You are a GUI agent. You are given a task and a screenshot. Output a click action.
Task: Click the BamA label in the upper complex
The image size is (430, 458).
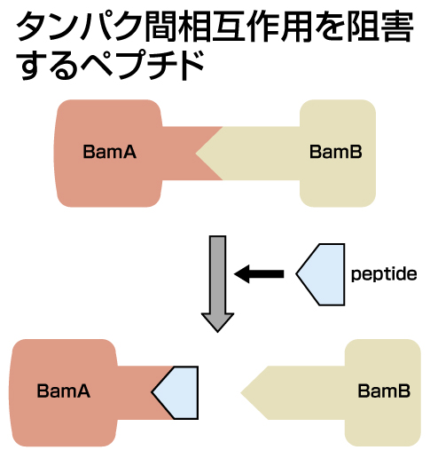point(110,152)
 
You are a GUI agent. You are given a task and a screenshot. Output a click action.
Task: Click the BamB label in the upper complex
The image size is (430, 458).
point(336,152)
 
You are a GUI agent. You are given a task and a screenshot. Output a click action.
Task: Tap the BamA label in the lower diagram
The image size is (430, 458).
point(64,391)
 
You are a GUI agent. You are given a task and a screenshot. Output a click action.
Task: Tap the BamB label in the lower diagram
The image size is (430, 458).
point(384,391)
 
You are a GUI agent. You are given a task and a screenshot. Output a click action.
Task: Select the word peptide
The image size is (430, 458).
point(384,274)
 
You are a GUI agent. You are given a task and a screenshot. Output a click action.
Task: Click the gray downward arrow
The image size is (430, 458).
point(218,284)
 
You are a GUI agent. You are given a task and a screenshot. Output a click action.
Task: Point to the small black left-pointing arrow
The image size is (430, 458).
point(259,274)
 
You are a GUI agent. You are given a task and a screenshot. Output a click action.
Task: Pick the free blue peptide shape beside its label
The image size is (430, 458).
point(321,274)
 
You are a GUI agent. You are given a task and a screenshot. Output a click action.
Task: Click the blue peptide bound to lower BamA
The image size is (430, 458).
point(175,392)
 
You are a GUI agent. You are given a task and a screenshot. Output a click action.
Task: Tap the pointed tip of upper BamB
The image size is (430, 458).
point(196,154)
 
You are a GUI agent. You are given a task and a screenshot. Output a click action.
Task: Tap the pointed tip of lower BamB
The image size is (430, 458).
point(241,393)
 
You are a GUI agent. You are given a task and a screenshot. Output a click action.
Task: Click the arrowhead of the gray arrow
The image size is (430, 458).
point(218,322)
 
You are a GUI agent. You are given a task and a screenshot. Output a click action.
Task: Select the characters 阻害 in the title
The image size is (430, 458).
point(379,26)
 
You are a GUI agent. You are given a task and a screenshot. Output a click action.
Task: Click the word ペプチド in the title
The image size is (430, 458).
point(143,65)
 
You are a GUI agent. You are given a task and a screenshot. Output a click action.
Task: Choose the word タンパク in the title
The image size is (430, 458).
point(79,26)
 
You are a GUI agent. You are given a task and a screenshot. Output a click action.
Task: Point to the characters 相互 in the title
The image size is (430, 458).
point(212,26)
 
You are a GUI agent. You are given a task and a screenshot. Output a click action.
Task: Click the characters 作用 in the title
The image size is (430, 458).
point(278,26)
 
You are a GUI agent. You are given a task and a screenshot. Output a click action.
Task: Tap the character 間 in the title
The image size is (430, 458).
point(160,26)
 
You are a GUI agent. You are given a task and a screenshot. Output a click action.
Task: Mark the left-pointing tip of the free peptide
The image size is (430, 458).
point(296,274)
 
